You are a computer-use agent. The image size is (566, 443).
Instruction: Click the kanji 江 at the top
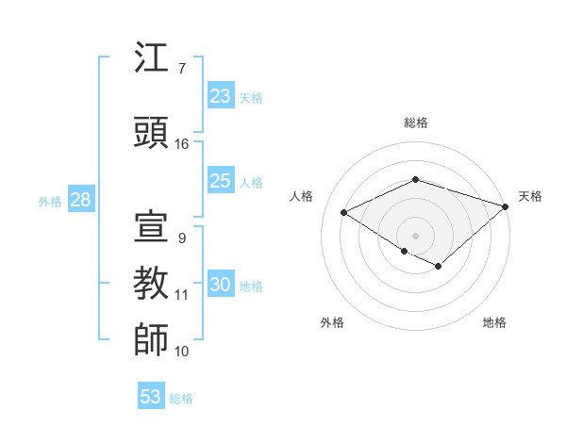click(152, 58)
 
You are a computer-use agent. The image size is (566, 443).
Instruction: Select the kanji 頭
click(152, 132)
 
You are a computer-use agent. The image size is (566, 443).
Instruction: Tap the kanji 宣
click(152, 226)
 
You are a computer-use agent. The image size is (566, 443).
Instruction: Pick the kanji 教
click(152, 283)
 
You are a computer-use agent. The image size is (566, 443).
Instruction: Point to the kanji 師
click(152, 339)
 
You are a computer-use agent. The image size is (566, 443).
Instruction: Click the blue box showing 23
click(221, 96)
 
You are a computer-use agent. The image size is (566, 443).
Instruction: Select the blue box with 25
click(221, 181)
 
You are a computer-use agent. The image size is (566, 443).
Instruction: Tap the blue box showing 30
click(221, 286)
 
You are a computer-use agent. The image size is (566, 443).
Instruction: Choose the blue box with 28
click(79, 200)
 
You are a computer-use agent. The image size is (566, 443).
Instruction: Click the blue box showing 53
click(151, 397)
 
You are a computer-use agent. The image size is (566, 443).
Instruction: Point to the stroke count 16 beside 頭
click(182, 144)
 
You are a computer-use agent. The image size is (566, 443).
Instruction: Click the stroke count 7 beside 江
click(181, 69)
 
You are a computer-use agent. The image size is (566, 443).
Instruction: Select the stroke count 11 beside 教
click(182, 295)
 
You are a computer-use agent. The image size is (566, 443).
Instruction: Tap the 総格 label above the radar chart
click(415, 123)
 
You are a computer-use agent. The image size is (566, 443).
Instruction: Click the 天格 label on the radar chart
click(530, 196)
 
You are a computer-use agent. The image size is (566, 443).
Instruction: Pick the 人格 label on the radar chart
click(301, 196)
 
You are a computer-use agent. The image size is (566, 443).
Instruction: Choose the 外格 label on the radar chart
click(332, 322)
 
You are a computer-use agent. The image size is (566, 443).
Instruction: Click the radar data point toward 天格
click(507, 205)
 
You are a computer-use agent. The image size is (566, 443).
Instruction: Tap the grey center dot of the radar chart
click(415, 235)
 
